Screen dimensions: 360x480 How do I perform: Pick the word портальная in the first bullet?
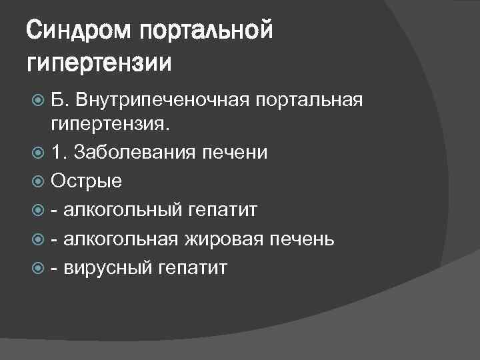coord(309,101)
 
